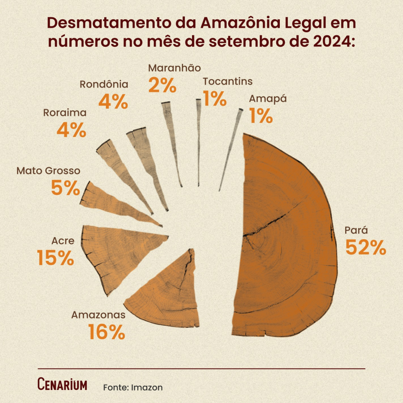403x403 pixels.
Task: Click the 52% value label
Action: click(x=366, y=247)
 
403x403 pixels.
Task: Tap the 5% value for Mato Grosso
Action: click(x=65, y=188)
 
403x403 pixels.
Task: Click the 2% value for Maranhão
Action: click(x=162, y=85)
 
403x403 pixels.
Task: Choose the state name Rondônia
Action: click(x=104, y=84)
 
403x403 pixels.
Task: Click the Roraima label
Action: click(x=65, y=113)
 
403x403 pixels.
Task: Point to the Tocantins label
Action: click(x=227, y=81)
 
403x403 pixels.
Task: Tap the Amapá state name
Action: click(x=268, y=98)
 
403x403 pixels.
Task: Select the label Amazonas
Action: click(x=98, y=315)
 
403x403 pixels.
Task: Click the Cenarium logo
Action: click(x=62, y=385)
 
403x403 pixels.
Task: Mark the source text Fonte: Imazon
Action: click(x=133, y=387)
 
